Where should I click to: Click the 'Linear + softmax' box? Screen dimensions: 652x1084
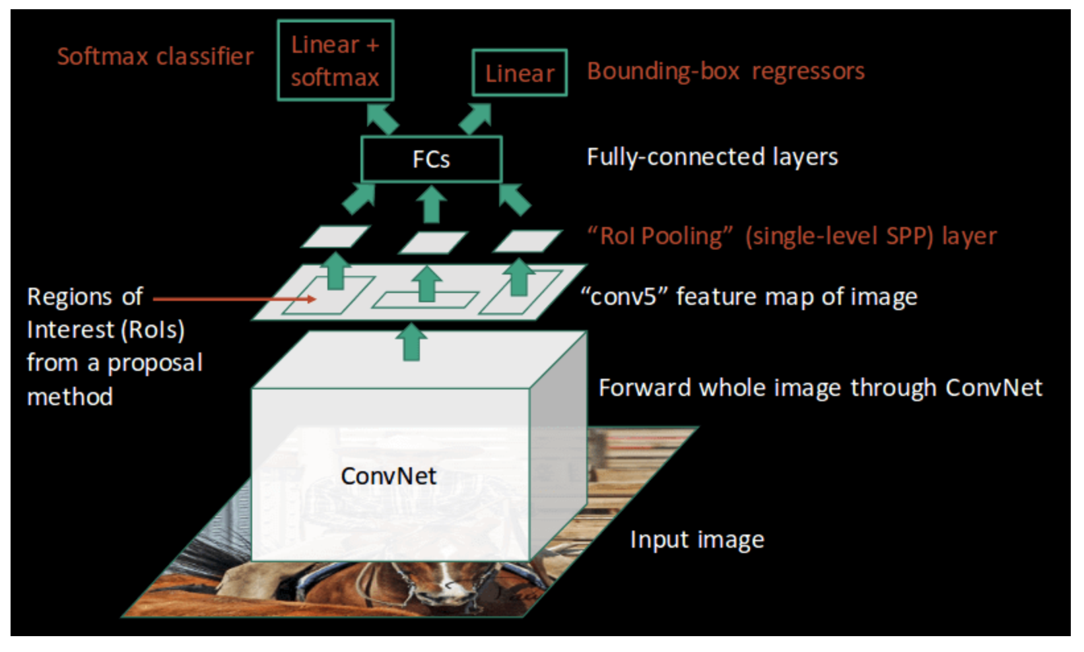tap(335, 61)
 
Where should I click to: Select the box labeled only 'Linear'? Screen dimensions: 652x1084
tap(520, 73)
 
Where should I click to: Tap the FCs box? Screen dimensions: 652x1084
tap(431, 159)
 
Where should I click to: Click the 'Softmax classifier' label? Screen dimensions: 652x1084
tap(155, 57)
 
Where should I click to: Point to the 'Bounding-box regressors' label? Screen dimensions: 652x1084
tap(726, 71)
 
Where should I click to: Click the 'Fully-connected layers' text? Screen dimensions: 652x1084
tap(712, 157)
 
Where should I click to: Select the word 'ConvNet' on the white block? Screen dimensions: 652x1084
tap(388, 476)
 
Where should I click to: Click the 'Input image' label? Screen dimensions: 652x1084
tap(696, 540)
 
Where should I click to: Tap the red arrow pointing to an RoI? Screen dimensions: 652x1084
tap(234, 299)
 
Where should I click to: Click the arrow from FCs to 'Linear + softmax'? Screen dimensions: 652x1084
tap(382, 118)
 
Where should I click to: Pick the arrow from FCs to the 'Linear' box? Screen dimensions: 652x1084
tap(476, 118)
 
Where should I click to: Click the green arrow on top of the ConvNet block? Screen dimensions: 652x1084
tap(412, 341)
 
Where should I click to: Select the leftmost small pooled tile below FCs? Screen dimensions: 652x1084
tap(335, 236)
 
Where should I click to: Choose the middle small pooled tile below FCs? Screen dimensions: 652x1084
tap(433, 242)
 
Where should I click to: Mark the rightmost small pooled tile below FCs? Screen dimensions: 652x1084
tap(527, 241)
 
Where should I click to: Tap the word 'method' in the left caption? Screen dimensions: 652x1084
tap(70, 397)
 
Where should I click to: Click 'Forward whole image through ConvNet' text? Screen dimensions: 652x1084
tap(820, 388)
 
